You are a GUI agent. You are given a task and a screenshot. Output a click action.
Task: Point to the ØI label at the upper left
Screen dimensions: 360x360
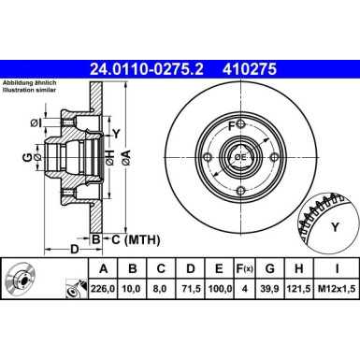(34, 122)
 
